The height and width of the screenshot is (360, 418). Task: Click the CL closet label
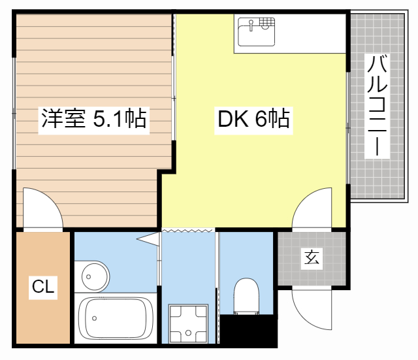click(x=43, y=286)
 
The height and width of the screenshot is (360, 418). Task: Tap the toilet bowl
click(x=246, y=295)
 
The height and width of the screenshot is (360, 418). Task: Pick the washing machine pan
click(x=188, y=323)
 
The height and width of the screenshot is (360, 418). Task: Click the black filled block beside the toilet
click(x=248, y=331)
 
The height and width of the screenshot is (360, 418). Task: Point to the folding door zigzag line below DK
click(x=188, y=231)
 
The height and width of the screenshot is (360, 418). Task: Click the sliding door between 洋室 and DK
click(x=174, y=85)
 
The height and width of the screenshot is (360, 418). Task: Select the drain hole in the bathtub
click(x=95, y=319)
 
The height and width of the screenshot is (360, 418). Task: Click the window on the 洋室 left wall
click(x=13, y=114)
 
